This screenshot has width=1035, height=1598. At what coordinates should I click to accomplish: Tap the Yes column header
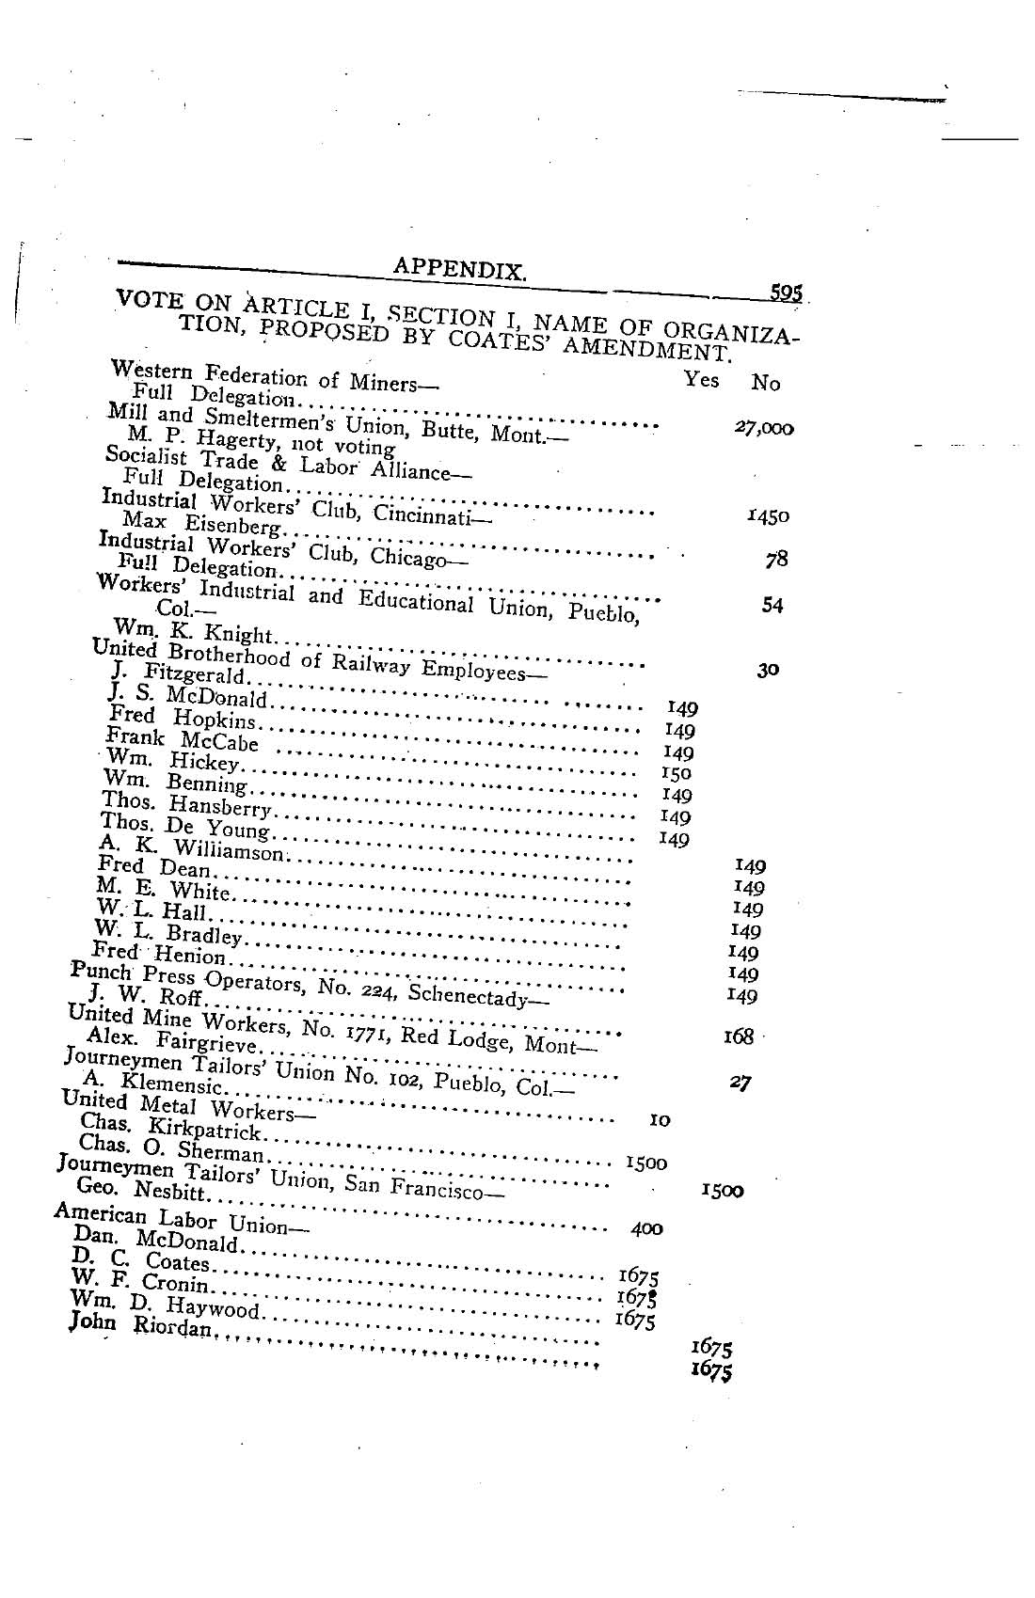pos(701,379)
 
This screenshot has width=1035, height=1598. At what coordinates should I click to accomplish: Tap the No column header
pos(766,383)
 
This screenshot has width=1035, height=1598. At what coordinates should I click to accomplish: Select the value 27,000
pos(764,428)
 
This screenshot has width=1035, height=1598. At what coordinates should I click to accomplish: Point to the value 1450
pos(768,516)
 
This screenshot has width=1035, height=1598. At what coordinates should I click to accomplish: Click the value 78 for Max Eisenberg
pos(776,560)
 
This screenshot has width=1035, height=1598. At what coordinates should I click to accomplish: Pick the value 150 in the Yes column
pos(677,773)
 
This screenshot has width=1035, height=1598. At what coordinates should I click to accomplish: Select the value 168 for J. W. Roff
pos(739,1036)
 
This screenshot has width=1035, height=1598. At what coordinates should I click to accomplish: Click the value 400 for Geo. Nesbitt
pos(646,1228)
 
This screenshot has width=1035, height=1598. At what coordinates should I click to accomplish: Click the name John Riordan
pos(143,1326)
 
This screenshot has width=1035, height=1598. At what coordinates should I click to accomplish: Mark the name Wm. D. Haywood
pos(164,1304)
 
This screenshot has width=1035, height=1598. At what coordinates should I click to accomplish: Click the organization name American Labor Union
pos(169,1219)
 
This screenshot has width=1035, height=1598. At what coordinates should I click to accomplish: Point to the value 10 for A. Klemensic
pos(660,1120)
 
